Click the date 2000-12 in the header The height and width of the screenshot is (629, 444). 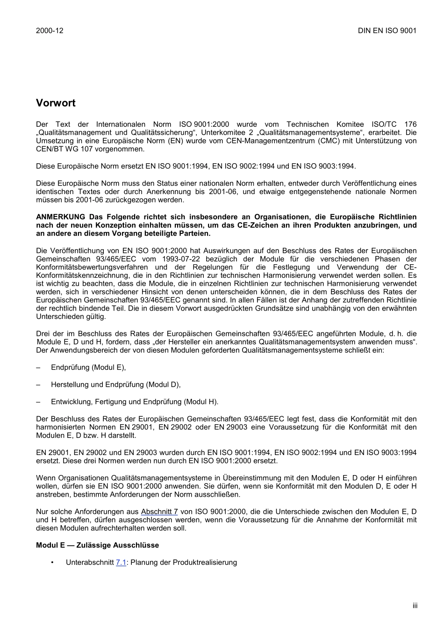point(50,30)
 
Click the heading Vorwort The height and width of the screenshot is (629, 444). point(56,103)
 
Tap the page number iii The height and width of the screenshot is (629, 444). point(415,606)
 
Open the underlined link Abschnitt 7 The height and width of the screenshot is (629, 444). point(159,512)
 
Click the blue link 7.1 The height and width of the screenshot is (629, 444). point(121,562)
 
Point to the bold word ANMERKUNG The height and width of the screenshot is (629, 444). point(61,217)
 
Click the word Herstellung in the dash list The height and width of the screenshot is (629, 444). point(70,384)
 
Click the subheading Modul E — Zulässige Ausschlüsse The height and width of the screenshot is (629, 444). point(97,545)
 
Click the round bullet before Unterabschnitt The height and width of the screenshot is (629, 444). point(53,562)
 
